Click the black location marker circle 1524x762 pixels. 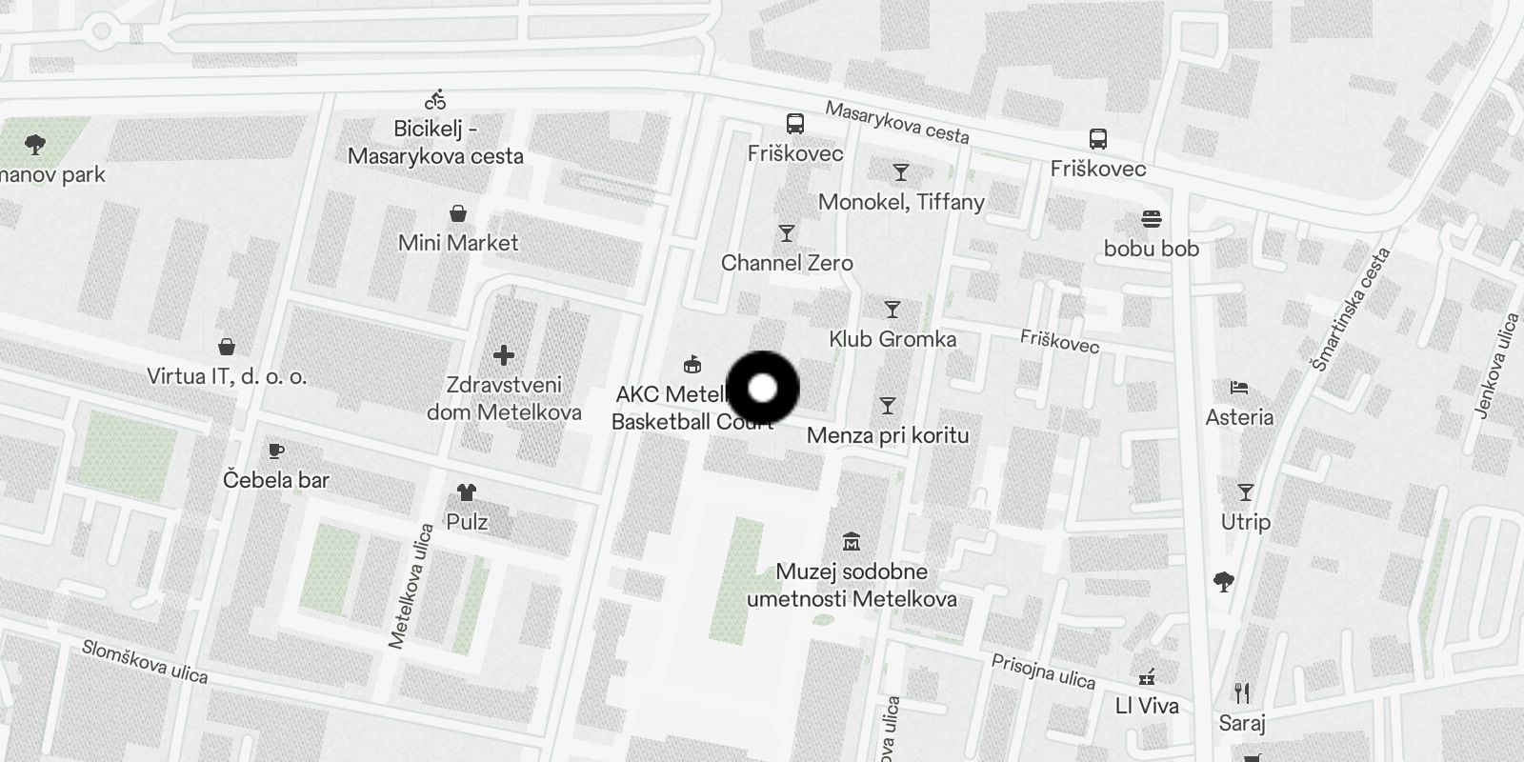[x=762, y=388]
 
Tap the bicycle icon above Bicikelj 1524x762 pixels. [x=435, y=99]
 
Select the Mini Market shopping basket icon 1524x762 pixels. [x=458, y=212]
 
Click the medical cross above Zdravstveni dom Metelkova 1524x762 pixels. [x=504, y=355]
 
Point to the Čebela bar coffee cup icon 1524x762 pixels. [x=276, y=450]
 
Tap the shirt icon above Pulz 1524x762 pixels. [x=466, y=492]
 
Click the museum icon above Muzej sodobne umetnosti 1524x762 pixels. [x=852, y=542]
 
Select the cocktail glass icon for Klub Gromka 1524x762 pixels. [x=892, y=310]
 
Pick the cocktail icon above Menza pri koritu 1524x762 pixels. [x=888, y=406]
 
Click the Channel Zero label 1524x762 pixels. [x=787, y=263]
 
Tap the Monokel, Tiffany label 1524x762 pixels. [x=901, y=202]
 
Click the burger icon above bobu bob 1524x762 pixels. [x=1151, y=219]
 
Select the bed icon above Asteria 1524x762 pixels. [x=1238, y=388]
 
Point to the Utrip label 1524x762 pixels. [x=1246, y=522]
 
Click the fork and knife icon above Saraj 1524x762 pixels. [x=1241, y=692]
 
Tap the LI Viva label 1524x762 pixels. [x=1147, y=706]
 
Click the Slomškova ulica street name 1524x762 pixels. [x=145, y=661]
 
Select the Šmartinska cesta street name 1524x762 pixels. [x=1351, y=310]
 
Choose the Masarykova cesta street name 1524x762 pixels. [x=897, y=122]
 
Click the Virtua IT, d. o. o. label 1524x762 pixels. [x=227, y=376]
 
